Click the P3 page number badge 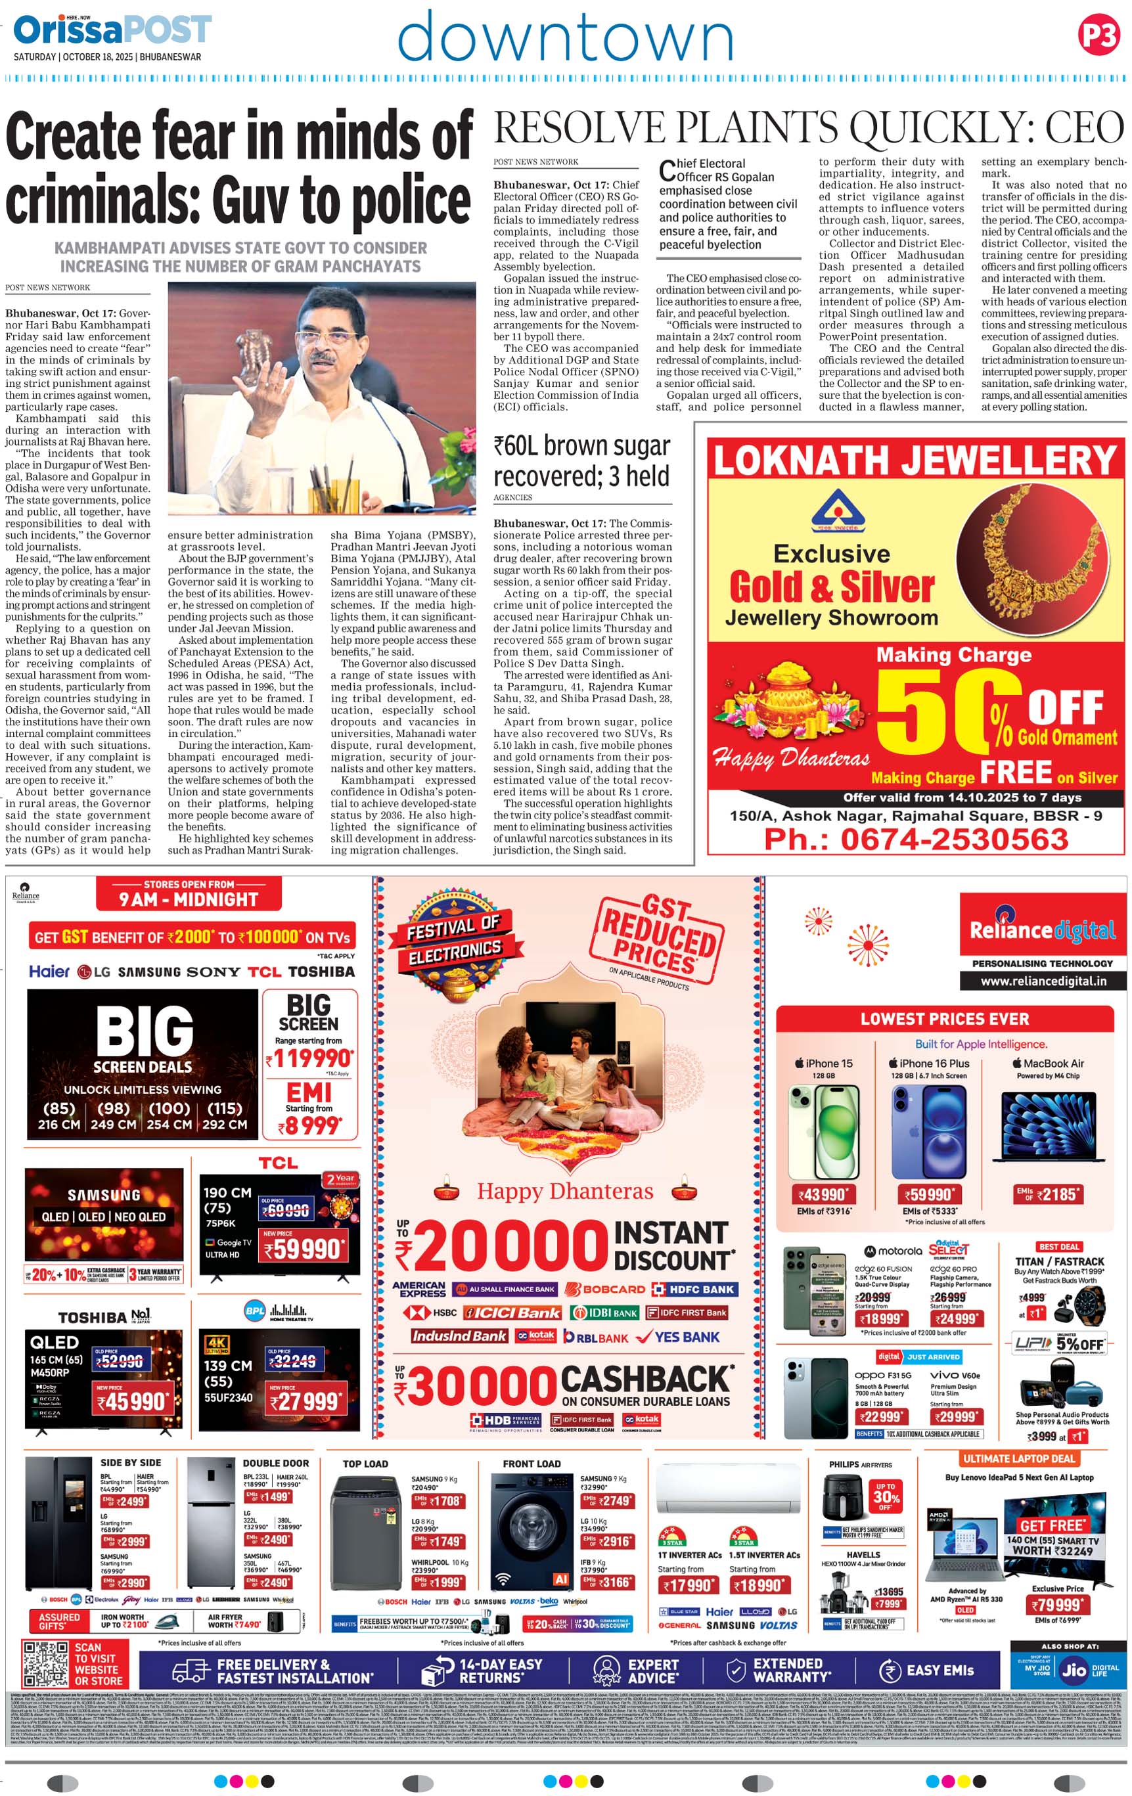(1098, 35)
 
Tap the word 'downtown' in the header (565, 37)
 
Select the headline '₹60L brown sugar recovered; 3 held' (581, 460)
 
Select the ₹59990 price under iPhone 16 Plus (928, 1194)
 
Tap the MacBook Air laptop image (1047, 1126)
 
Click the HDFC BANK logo (692, 1290)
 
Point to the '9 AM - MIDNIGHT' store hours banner (189, 898)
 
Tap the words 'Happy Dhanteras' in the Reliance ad (564, 1191)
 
